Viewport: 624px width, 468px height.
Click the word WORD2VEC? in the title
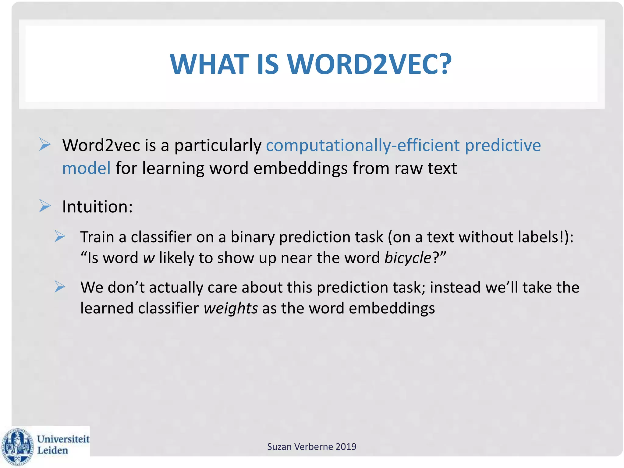pyautogui.click(x=369, y=64)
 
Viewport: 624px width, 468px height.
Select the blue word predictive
pyautogui.click(x=502, y=145)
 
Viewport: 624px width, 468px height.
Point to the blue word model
pyautogui.click(x=86, y=168)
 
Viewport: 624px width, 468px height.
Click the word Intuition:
pyautogui.click(x=97, y=207)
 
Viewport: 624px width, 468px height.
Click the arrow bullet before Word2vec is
pyautogui.click(x=45, y=144)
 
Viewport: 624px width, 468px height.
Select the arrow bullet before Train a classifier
pyautogui.click(x=60, y=236)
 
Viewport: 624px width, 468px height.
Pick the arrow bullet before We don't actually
pyautogui.click(x=60, y=286)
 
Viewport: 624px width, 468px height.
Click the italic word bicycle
pyautogui.click(x=408, y=258)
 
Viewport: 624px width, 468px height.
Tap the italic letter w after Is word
pyautogui.click(x=149, y=258)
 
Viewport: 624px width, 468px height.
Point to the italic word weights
pyautogui.click(x=231, y=308)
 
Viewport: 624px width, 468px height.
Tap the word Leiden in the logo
pyautogui.click(x=52, y=451)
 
